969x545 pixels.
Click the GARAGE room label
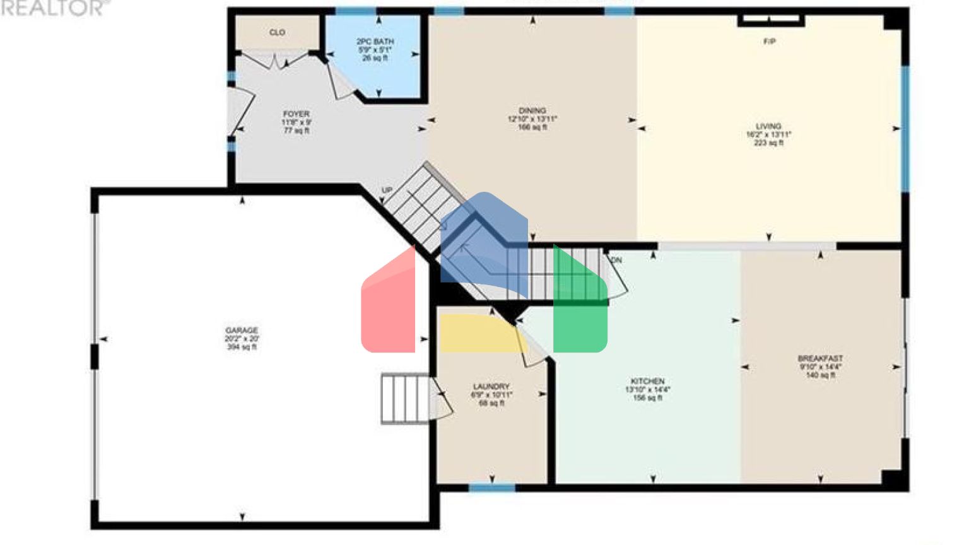242,331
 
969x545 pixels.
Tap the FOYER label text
296,114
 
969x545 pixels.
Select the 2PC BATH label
375,42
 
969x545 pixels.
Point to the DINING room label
532,110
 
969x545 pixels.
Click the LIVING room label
768,126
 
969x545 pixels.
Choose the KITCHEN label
647,382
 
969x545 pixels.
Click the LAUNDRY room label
491,387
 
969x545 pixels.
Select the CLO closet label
277,32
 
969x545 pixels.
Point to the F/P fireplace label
769,42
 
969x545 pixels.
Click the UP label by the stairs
387,190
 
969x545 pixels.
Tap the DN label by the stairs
616,260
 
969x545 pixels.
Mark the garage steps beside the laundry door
404,398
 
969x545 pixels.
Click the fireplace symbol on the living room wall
770,21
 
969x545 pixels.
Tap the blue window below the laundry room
491,488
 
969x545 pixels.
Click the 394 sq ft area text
242,347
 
